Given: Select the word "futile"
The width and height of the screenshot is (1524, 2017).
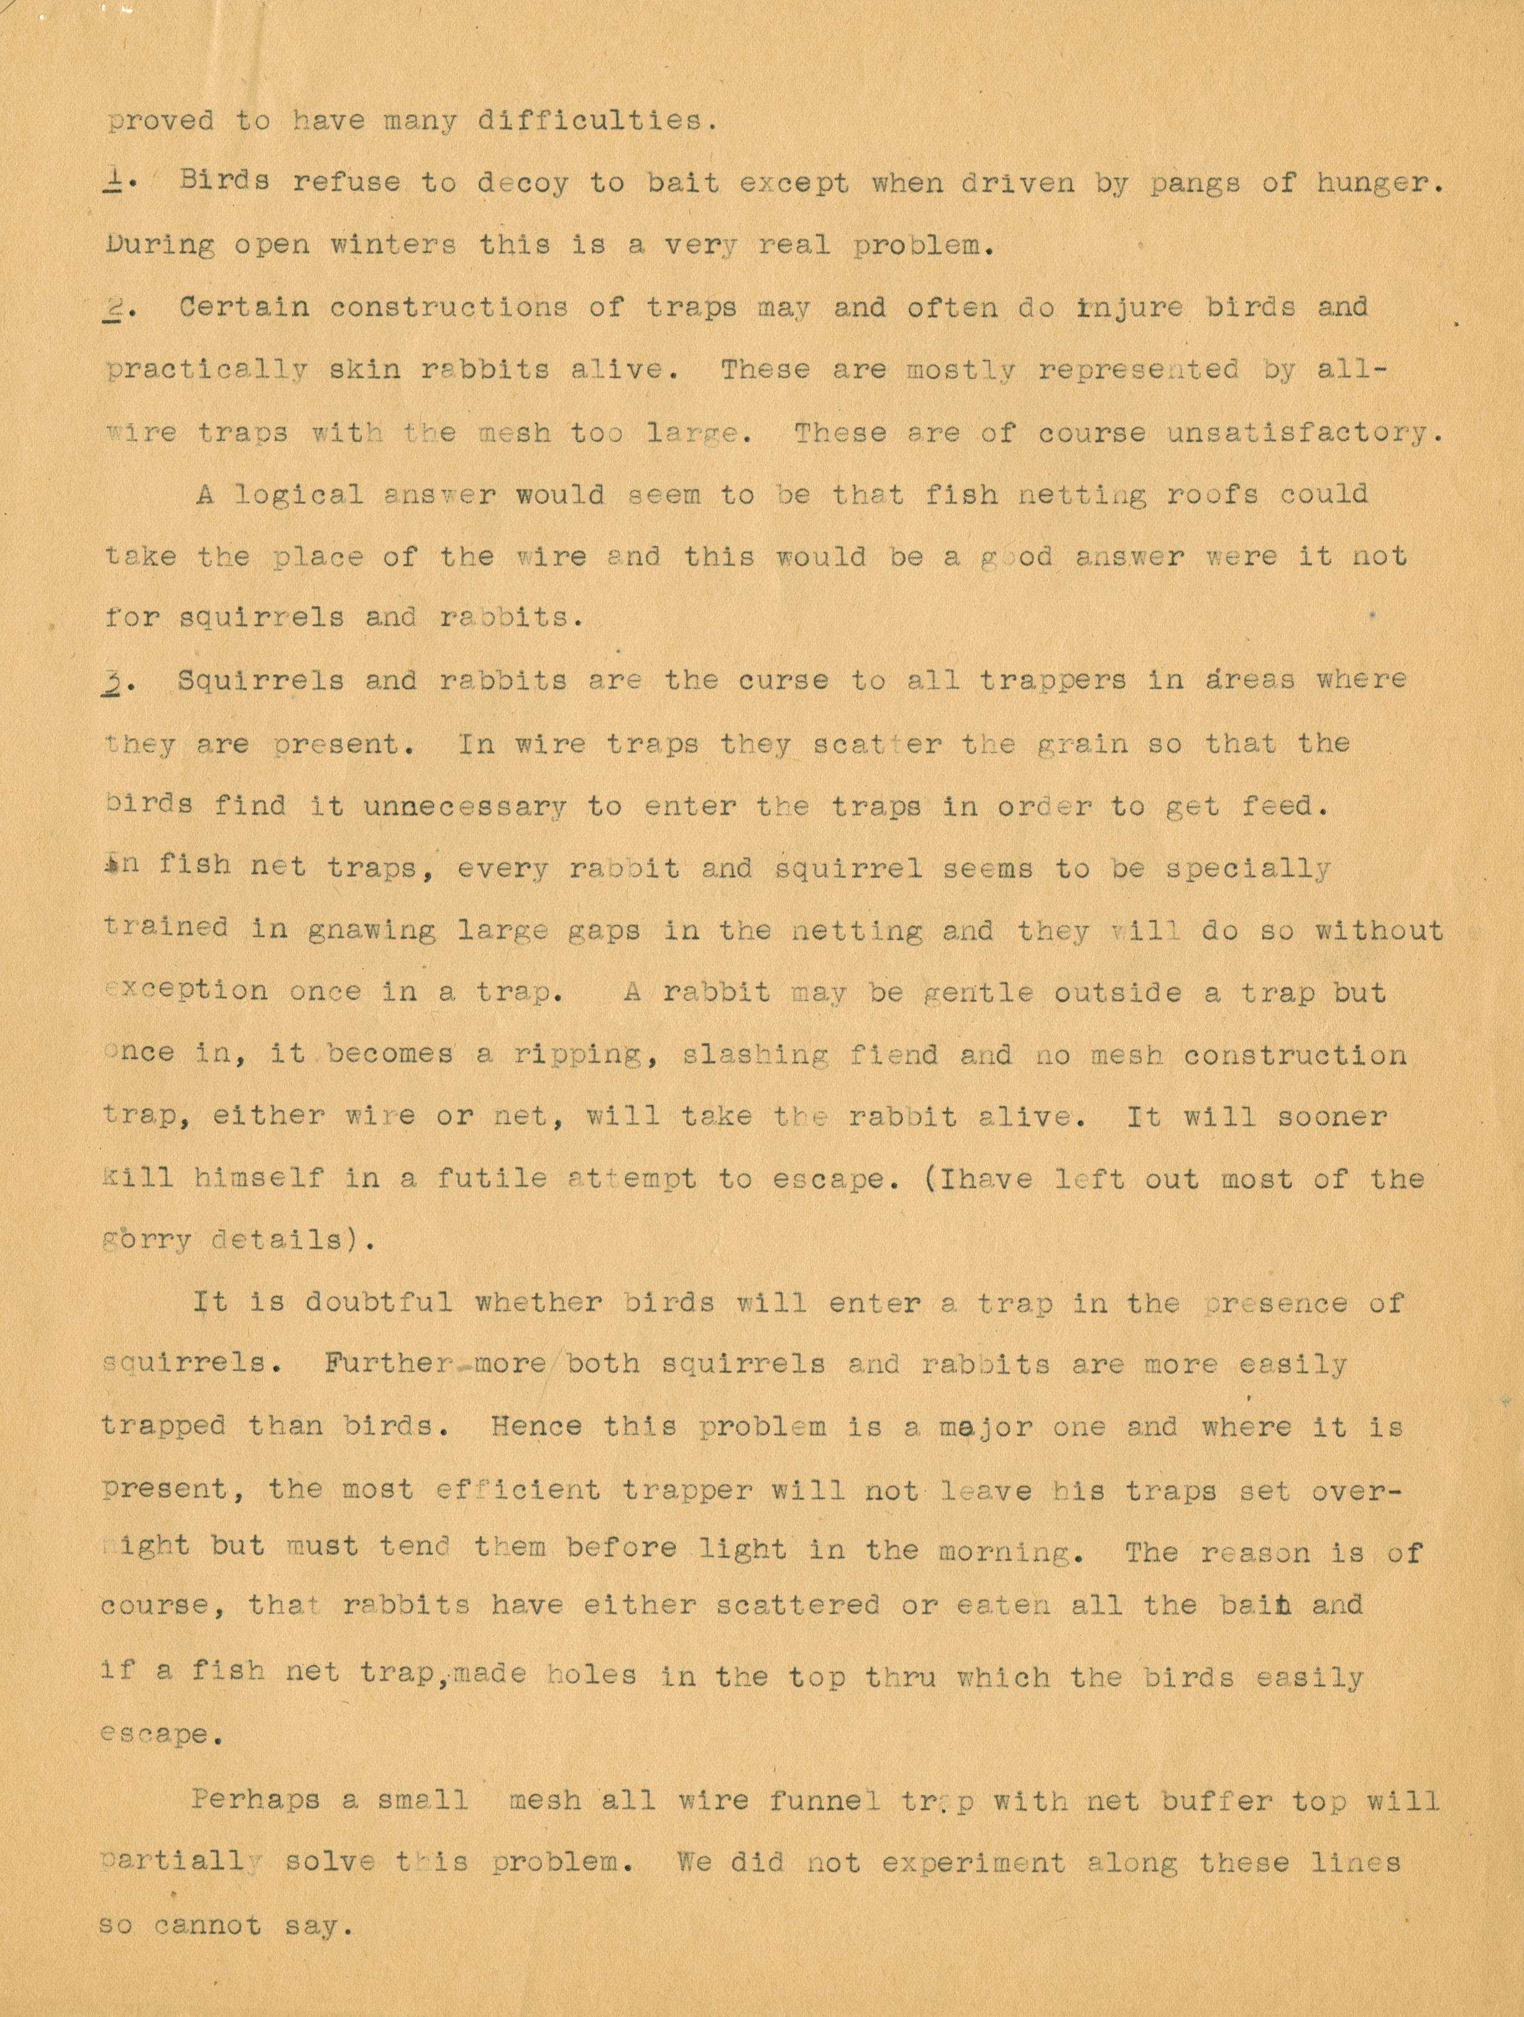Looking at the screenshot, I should pos(491,1178).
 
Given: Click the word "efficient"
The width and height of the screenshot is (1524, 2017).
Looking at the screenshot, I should pos(518,1489).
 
